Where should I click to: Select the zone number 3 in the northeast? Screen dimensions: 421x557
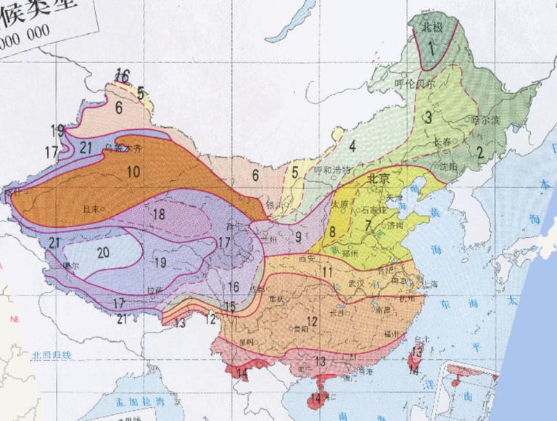pos(428,118)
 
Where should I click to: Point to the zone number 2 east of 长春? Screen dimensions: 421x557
pos(479,152)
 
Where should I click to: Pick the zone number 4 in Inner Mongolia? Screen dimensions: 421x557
pos(352,145)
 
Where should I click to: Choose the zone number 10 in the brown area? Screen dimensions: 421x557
pos(133,172)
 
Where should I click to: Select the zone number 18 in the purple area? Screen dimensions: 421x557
pos(159,214)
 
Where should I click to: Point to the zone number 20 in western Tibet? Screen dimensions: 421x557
pos(102,252)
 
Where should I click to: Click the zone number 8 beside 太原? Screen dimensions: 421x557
pos(331,232)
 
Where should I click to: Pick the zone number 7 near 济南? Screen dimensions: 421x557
pos(369,226)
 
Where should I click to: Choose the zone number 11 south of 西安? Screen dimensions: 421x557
pos(327,272)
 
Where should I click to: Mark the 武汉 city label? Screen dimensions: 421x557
pos(355,282)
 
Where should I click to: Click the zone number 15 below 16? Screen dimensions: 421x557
pos(229,307)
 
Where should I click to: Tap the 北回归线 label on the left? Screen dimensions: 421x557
pos(51,356)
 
